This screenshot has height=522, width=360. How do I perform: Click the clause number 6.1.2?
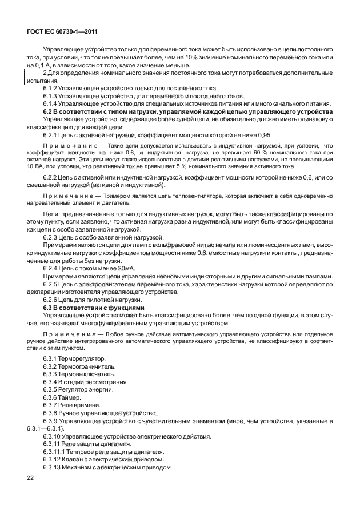53,89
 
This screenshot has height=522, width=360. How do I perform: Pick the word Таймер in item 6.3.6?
71,397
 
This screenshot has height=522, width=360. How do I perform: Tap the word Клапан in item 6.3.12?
79,459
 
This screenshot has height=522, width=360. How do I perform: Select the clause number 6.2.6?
53,300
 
